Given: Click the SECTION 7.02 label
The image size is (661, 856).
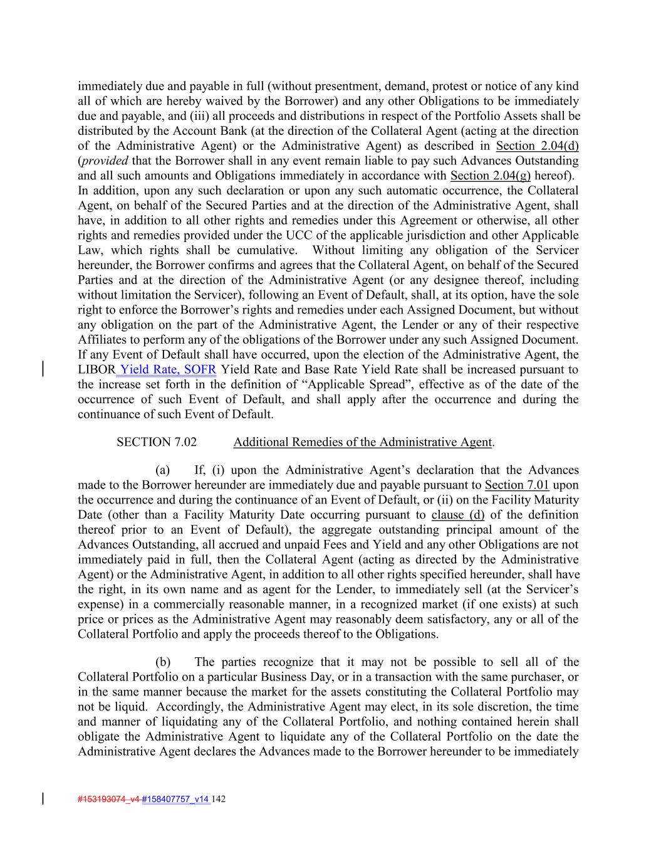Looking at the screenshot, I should [x=156, y=442].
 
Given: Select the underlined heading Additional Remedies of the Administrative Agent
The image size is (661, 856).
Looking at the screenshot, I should [x=362, y=442].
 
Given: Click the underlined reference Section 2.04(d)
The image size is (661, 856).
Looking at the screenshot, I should [x=537, y=146].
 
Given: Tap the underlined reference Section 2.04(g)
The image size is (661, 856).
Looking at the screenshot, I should [x=491, y=176].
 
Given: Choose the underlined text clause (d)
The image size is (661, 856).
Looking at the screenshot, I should [x=457, y=515].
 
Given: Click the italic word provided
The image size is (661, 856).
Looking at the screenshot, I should [x=103, y=161].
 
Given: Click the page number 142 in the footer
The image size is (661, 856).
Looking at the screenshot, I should [x=219, y=799].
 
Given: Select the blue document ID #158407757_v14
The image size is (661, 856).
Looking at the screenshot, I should [x=176, y=799].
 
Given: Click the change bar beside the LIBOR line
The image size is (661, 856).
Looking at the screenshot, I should [x=43, y=369].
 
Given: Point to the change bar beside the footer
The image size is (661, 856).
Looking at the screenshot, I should [x=43, y=798].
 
